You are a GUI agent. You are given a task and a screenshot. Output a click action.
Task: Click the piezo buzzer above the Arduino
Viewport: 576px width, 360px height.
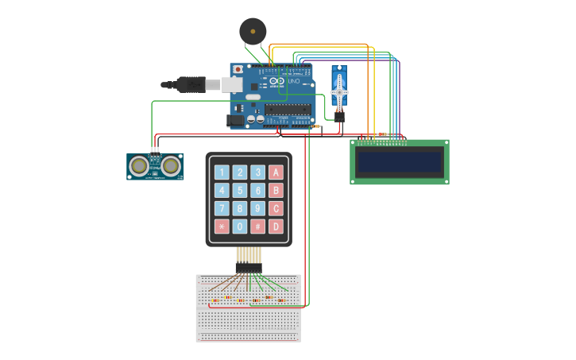(x=253, y=32)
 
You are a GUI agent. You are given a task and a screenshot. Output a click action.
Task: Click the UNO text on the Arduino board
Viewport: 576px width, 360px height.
(x=292, y=81)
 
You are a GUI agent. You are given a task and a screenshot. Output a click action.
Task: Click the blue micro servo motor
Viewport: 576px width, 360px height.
(x=339, y=90)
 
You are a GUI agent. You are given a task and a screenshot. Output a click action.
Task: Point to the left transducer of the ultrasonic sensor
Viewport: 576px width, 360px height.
(x=140, y=165)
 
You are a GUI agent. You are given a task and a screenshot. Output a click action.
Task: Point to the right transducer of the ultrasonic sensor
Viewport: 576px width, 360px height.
(x=170, y=165)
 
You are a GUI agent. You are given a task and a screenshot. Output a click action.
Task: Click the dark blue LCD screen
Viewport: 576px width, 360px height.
(x=399, y=162)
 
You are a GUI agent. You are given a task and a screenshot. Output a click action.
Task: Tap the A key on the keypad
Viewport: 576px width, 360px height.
(x=276, y=172)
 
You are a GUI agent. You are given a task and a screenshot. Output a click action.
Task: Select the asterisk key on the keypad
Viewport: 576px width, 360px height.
(x=222, y=226)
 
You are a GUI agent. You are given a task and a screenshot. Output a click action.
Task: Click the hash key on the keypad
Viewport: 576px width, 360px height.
(x=257, y=226)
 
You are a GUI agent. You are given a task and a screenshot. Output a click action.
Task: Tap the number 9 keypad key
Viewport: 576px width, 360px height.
(x=257, y=208)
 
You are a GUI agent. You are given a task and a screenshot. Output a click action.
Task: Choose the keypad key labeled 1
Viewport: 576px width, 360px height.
(x=222, y=172)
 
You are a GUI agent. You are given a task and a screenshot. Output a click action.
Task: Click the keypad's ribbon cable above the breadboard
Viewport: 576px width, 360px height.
(x=249, y=256)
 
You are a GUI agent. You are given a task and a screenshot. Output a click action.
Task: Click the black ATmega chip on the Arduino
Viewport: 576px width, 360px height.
(x=285, y=109)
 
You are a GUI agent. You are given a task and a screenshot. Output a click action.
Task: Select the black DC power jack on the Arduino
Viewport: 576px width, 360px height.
(x=235, y=121)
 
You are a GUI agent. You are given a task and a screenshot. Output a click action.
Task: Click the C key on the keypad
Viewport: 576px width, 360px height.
(x=276, y=208)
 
